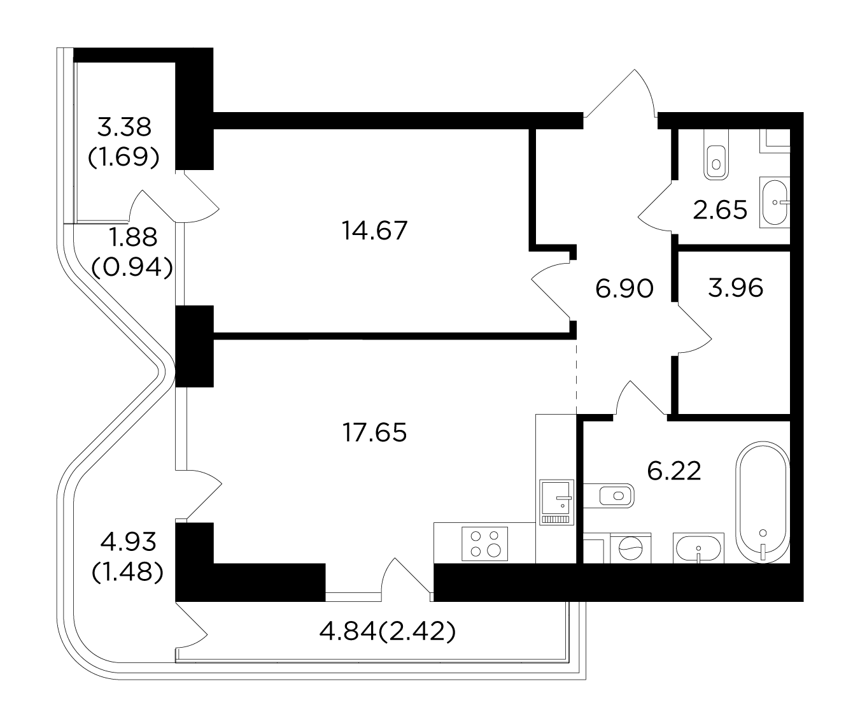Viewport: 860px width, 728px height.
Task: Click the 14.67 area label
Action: tap(374, 231)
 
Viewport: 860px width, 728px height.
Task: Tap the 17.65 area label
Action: tap(374, 432)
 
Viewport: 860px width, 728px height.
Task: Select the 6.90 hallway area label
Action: tap(624, 289)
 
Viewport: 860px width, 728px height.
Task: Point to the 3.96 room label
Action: tap(736, 288)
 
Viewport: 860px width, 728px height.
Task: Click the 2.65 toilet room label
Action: tap(720, 210)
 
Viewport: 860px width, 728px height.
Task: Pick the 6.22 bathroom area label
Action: tap(674, 471)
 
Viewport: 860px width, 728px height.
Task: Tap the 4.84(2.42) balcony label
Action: tap(388, 632)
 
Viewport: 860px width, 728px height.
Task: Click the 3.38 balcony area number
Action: tap(124, 127)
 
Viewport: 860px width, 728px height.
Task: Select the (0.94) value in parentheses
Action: tap(132, 268)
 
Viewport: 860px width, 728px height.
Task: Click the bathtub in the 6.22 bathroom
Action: tap(763, 503)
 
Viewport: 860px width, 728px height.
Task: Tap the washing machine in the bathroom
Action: tap(630, 548)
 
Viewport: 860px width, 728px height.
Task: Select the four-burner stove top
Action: tap(484, 543)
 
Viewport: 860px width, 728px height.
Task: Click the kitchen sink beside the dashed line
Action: tap(556, 502)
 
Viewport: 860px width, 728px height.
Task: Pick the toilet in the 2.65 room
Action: tap(716, 154)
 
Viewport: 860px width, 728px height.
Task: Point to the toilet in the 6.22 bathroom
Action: tap(609, 496)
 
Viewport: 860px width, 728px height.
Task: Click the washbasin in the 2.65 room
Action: tap(775, 203)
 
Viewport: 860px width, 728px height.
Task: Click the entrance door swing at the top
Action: tap(621, 92)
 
